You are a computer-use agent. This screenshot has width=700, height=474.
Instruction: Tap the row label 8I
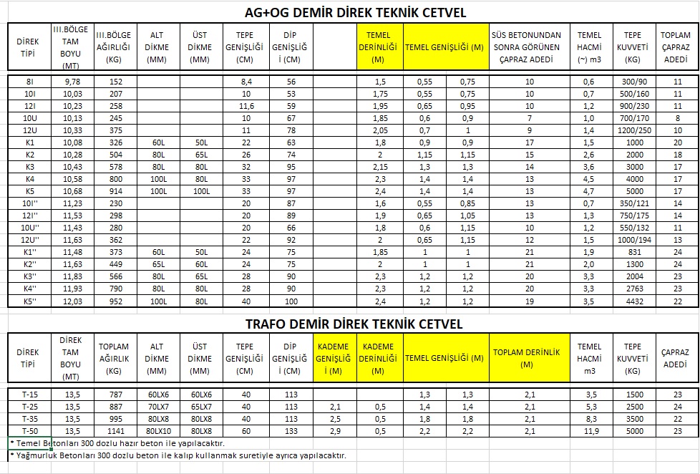pyautogui.click(x=29, y=82)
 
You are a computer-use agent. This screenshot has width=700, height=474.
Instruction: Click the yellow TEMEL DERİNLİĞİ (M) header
pyautogui.click(x=379, y=47)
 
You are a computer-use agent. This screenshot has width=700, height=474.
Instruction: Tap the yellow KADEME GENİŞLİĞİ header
pyautogui.click(x=334, y=357)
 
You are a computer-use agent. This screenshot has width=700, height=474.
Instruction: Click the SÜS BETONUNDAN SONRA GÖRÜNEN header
pyautogui.click(x=529, y=47)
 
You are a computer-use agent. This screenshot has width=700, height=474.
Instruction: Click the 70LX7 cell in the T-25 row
pyautogui.click(x=155, y=407)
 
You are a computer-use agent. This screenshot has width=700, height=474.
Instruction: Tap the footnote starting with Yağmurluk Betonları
pyautogui.click(x=178, y=455)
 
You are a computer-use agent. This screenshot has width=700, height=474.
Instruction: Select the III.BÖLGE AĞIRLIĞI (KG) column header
pyautogui.click(x=114, y=47)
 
